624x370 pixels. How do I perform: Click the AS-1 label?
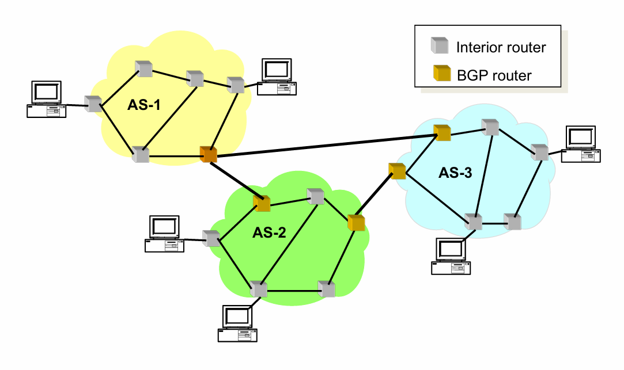[x=143, y=106]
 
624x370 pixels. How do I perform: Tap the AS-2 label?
[x=269, y=232]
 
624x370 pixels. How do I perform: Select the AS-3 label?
[x=456, y=173]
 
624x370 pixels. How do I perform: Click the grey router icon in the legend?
[x=441, y=45]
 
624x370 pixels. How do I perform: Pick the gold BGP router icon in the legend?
[x=441, y=74]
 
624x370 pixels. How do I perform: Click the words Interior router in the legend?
[x=501, y=47]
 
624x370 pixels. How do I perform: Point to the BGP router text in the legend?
[x=494, y=75]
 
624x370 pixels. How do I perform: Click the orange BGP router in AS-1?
[x=208, y=154]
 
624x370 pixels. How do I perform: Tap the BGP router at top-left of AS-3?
[x=442, y=133]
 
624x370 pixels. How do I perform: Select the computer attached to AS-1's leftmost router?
[x=46, y=99]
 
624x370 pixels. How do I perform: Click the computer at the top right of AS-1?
[x=277, y=76]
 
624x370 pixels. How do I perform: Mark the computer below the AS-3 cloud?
[x=451, y=255]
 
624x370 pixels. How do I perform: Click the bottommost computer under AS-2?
[x=237, y=323]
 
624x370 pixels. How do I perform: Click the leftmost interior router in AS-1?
[x=93, y=104]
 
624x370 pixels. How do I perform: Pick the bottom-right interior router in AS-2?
[x=327, y=289]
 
